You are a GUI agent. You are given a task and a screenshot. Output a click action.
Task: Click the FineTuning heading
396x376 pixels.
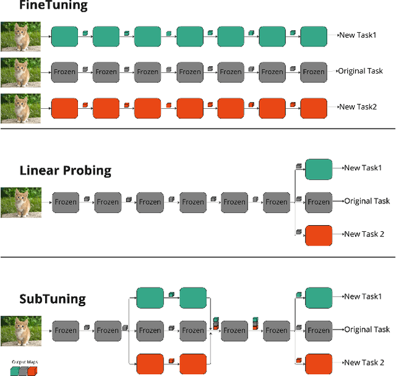click(x=45, y=7)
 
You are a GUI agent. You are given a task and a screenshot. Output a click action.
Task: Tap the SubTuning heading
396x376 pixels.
click(x=53, y=299)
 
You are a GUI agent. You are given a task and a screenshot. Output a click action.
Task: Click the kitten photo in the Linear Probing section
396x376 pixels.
click(x=21, y=202)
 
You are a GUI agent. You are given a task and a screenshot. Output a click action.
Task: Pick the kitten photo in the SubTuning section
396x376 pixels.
click(x=21, y=330)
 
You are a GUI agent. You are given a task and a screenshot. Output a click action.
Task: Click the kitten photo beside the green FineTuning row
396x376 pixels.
click(x=21, y=36)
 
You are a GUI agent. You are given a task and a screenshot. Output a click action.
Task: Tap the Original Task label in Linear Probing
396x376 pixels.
click(x=367, y=201)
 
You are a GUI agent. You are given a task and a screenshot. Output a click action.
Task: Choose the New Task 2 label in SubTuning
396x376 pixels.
click(x=364, y=362)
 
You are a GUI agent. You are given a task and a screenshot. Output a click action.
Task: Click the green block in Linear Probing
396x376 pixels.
click(x=319, y=168)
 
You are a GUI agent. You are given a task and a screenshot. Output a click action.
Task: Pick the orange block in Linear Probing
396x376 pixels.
click(x=319, y=235)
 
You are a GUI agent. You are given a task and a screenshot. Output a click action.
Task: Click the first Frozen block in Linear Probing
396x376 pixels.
click(x=65, y=202)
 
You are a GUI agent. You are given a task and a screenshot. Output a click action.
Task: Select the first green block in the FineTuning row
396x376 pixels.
click(x=64, y=36)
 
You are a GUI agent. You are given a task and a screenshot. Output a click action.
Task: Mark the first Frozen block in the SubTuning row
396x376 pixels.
click(x=65, y=330)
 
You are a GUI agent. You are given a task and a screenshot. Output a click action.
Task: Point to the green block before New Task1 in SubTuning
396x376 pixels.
click(x=319, y=297)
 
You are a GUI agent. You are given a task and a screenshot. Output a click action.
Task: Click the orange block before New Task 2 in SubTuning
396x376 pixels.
click(x=319, y=363)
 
